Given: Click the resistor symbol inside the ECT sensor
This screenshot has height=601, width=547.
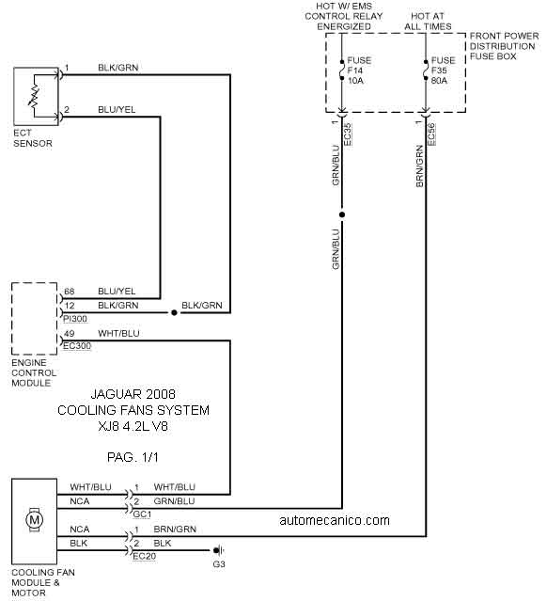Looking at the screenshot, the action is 34,96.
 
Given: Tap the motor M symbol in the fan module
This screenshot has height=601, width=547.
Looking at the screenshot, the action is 34,520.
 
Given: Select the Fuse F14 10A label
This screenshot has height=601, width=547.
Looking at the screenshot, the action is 359,71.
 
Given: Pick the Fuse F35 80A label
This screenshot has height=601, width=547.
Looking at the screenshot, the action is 444,71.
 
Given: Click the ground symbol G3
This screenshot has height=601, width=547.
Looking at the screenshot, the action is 218,551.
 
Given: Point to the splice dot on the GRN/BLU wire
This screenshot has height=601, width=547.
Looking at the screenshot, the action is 342,214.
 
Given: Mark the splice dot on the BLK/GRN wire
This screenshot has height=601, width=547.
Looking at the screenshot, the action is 174,313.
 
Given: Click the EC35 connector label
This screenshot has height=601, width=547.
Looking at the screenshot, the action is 348,134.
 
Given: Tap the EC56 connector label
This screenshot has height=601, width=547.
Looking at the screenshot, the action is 431,134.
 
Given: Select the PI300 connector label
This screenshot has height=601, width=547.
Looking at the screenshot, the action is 75,319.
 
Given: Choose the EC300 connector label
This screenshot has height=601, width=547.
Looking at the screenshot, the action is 77,346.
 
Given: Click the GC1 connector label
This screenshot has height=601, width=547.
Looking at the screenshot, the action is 142,514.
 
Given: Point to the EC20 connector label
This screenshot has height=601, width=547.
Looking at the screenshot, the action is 144,556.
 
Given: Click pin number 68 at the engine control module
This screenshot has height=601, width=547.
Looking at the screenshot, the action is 70,292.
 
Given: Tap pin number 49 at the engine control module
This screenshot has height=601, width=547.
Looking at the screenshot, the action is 70,334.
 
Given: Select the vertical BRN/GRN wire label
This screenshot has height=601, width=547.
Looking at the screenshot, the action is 419,166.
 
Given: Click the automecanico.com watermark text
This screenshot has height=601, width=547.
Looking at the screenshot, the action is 335,520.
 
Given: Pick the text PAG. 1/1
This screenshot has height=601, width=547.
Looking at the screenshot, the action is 133,457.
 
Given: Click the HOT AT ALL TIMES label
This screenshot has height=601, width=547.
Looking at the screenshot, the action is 428,22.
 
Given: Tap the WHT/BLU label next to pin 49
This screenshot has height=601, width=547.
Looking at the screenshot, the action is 118,334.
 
